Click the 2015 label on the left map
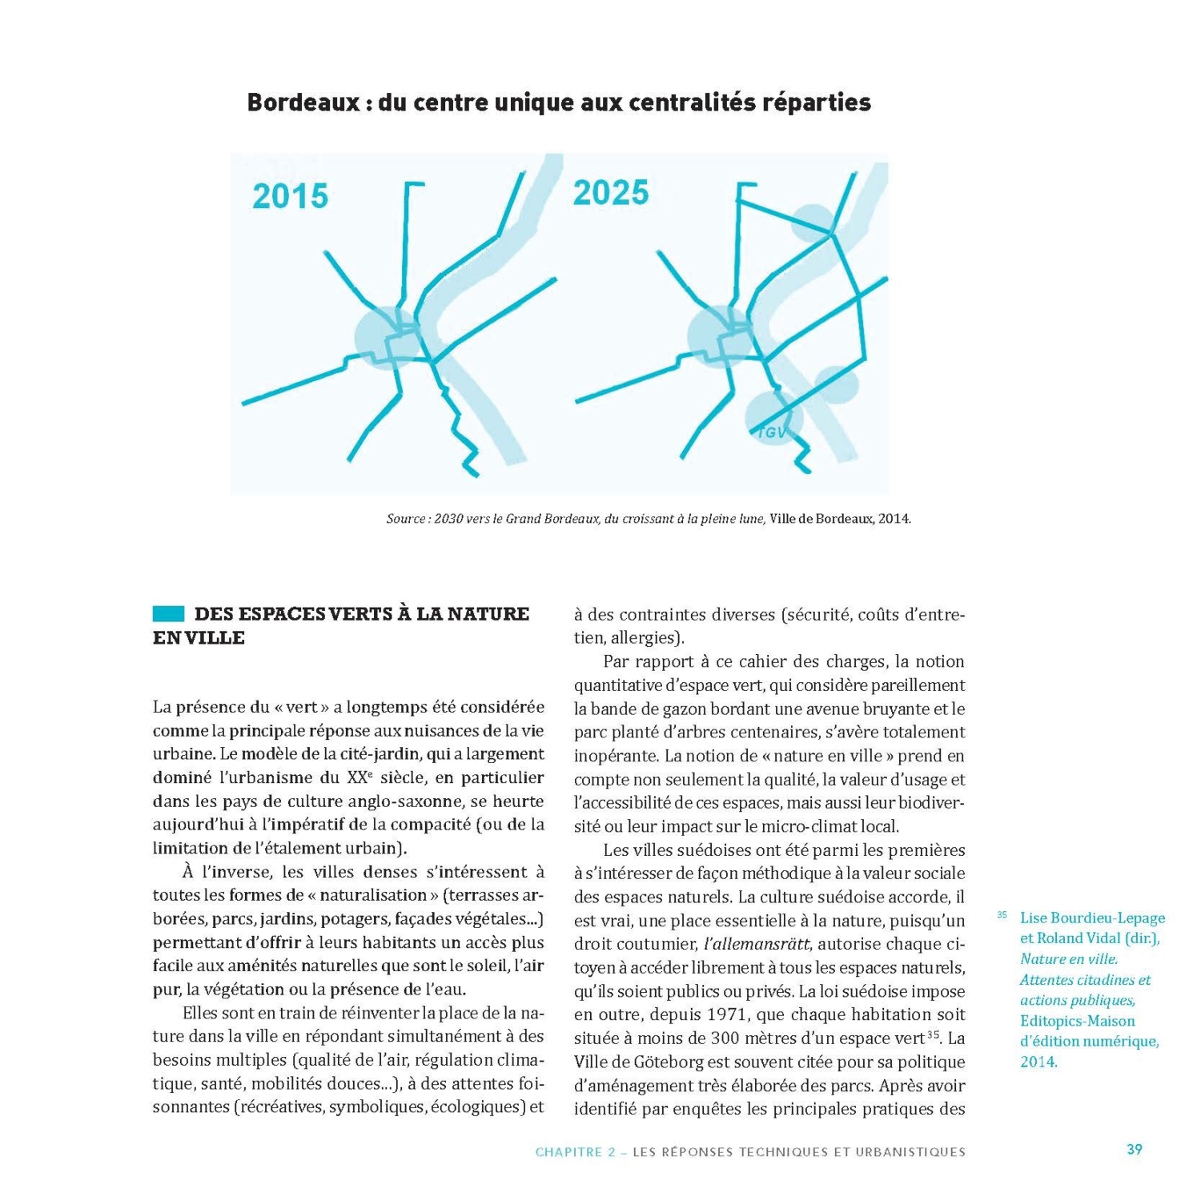(x=290, y=196)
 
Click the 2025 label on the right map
(x=611, y=193)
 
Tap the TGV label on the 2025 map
(x=771, y=432)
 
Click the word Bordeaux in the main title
(x=303, y=102)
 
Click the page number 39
(x=1134, y=1149)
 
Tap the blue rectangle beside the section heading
(x=168, y=614)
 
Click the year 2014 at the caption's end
(x=894, y=519)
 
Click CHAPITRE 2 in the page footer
(x=576, y=1152)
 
